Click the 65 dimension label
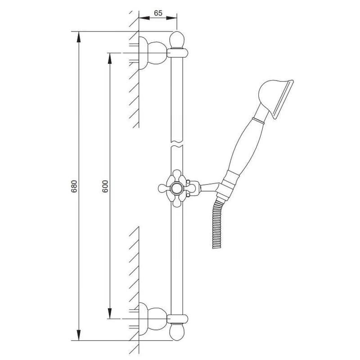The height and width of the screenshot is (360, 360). (158, 13)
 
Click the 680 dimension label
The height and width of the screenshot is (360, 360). (74, 186)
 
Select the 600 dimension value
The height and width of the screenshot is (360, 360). (105, 186)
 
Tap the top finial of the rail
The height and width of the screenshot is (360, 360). (177, 40)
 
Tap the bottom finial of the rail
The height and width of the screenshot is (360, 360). (177, 332)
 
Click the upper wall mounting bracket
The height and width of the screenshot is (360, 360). (153, 53)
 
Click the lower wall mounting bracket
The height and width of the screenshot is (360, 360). (153, 319)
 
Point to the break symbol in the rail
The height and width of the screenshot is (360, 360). (177, 143)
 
